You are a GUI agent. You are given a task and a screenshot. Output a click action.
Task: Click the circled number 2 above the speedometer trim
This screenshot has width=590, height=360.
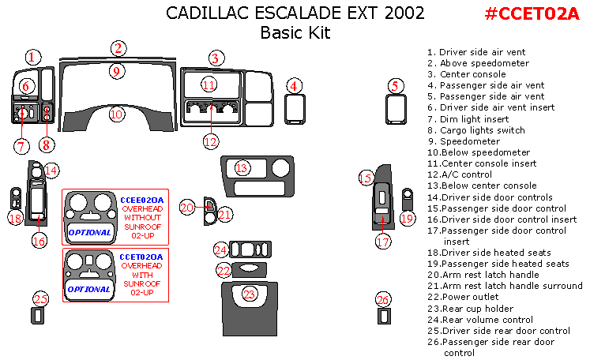point(118,48)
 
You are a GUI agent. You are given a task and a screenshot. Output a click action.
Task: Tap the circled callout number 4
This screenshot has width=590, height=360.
point(294,86)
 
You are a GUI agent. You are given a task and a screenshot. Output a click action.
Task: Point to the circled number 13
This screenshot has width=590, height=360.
point(242,167)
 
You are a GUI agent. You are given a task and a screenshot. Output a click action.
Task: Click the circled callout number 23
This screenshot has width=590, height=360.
point(250,294)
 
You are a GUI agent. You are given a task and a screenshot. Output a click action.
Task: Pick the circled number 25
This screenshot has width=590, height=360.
point(41,298)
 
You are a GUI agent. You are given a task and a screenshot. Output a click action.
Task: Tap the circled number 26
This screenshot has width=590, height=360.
point(383,300)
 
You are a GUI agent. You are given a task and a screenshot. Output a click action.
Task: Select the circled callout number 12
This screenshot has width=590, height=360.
point(210,142)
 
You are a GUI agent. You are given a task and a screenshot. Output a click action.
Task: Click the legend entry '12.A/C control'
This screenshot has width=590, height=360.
point(464,174)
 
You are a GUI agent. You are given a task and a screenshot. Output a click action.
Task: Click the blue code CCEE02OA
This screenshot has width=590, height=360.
point(142,199)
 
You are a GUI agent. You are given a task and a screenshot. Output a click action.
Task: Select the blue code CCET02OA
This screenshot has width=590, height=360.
point(141,257)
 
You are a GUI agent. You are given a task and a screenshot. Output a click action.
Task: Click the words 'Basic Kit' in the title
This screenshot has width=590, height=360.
point(295,33)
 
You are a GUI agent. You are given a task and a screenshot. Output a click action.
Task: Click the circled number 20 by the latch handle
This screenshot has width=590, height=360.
point(187,207)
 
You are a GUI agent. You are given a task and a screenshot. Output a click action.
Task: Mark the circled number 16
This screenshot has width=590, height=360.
point(39,242)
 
